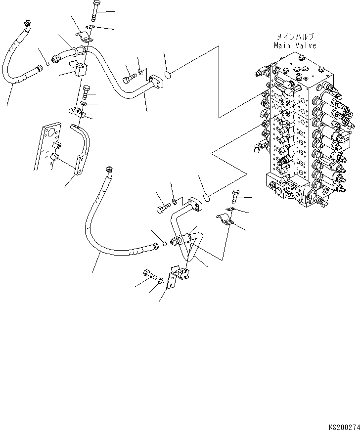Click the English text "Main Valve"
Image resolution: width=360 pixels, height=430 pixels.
(x=295, y=45)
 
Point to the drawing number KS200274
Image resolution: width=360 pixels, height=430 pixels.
(x=342, y=425)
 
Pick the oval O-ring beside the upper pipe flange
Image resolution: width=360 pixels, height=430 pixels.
(x=168, y=75)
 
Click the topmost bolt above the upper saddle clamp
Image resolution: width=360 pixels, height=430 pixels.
(x=95, y=10)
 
